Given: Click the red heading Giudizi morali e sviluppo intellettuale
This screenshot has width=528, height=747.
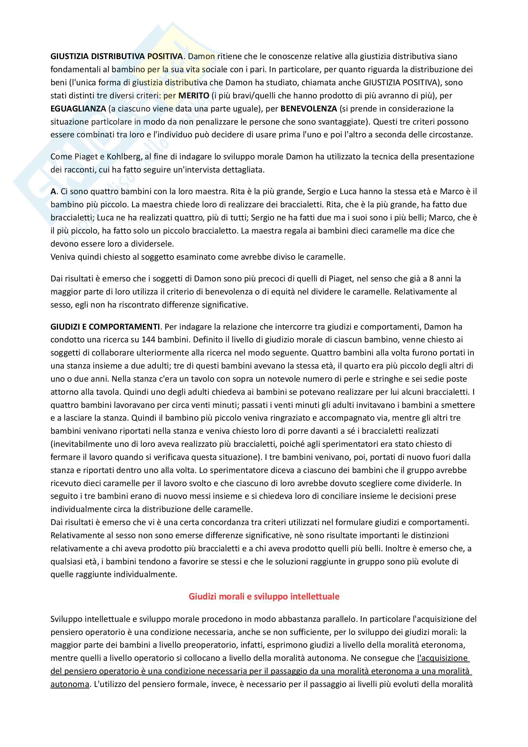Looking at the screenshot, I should pyautogui.click(x=264, y=596).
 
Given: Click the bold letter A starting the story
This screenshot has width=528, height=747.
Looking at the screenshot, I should pyautogui.click(x=53, y=191).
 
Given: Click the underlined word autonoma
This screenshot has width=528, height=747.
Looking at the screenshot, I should pyautogui.click(x=70, y=675).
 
